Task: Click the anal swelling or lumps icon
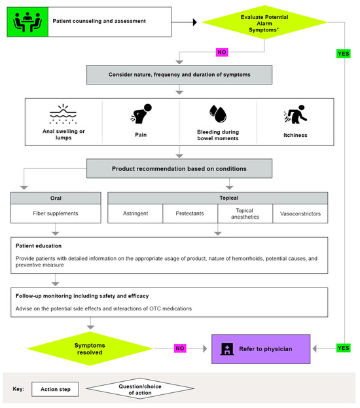63,114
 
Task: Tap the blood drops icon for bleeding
217,115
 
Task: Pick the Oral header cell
56,197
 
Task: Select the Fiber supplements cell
56,213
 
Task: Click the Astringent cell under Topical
135,213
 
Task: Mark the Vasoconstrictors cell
300,213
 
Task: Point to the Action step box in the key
56,389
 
